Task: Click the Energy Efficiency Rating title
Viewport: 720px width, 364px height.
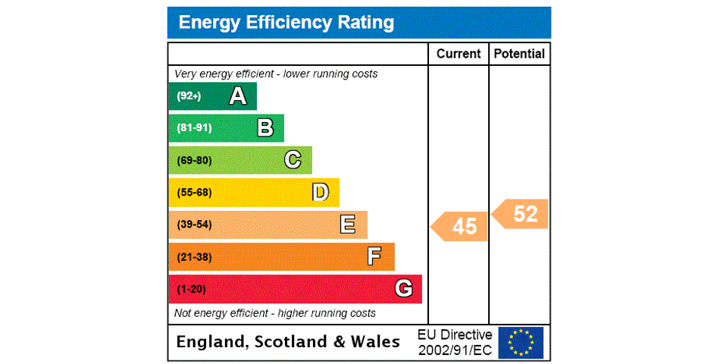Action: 286,23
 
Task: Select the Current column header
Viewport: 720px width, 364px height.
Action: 459,54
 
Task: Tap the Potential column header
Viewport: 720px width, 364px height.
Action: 519,54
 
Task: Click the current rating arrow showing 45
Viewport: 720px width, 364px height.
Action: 460,226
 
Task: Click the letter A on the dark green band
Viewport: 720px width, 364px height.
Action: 238,96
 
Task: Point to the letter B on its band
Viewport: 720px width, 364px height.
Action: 265,128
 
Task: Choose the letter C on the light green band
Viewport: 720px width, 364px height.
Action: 293,160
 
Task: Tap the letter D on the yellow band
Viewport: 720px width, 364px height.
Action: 321,193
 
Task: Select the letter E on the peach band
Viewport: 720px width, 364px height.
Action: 348,224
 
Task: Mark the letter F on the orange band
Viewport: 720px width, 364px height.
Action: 374,256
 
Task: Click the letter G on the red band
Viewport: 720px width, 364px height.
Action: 403,289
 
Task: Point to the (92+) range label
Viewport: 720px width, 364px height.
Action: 189,96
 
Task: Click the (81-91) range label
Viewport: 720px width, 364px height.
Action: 194,128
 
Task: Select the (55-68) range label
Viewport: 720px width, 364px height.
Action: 194,193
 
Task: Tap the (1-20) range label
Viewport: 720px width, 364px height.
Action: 191,289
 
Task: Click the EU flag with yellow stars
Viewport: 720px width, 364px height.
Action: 521,342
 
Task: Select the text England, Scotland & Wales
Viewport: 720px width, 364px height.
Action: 288,342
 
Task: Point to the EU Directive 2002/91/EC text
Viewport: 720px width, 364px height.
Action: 455,342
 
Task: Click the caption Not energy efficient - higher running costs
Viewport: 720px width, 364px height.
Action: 275,313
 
